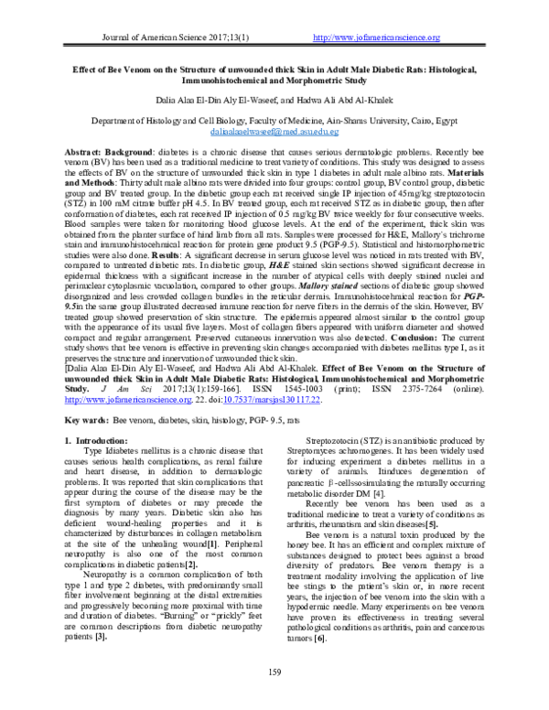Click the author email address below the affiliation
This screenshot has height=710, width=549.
point(274,132)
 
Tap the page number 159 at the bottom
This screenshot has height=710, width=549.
point(274,699)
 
